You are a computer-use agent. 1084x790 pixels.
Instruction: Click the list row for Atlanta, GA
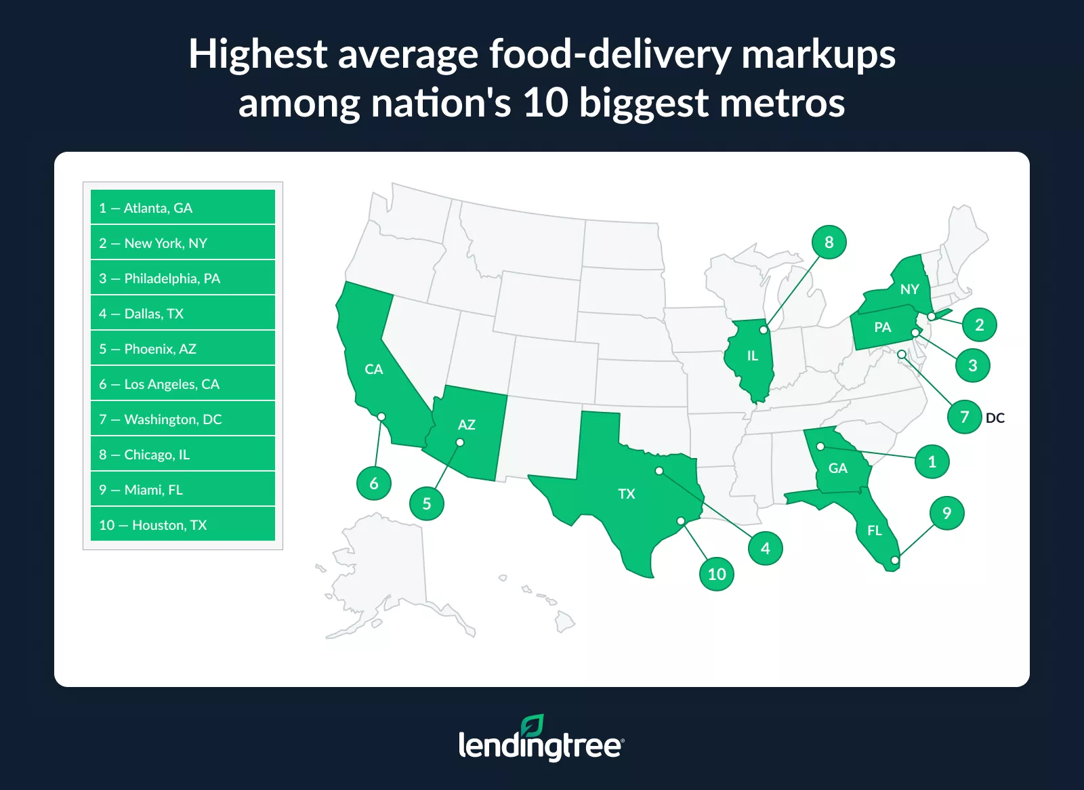coord(183,207)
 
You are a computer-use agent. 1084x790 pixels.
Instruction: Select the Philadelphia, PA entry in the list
coord(183,278)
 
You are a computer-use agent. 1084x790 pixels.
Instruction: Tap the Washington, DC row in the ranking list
coord(183,419)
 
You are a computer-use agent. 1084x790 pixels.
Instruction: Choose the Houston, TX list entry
coord(183,524)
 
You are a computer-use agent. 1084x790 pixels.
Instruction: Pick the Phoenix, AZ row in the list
coord(183,348)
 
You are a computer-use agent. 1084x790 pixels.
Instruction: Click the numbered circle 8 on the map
coord(829,242)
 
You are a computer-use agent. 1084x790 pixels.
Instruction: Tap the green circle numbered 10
coord(717,574)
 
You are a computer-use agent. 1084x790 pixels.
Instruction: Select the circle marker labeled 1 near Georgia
coord(932,461)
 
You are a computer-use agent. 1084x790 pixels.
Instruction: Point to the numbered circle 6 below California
coord(374,483)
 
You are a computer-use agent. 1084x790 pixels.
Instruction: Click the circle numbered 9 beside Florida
coord(947,513)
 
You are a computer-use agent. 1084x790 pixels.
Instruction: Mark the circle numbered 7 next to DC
coord(965,417)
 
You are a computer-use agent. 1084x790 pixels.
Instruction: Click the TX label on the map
coord(627,494)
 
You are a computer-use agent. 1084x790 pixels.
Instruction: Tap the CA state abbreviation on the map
coord(374,369)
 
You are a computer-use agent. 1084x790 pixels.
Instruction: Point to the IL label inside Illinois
coord(753,356)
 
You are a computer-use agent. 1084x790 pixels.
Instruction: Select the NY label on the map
coord(910,289)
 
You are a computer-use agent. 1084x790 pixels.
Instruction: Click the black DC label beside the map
coord(995,418)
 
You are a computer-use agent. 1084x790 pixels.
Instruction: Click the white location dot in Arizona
coord(460,442)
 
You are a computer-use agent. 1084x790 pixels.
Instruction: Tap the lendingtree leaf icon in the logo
coord(533,726)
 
